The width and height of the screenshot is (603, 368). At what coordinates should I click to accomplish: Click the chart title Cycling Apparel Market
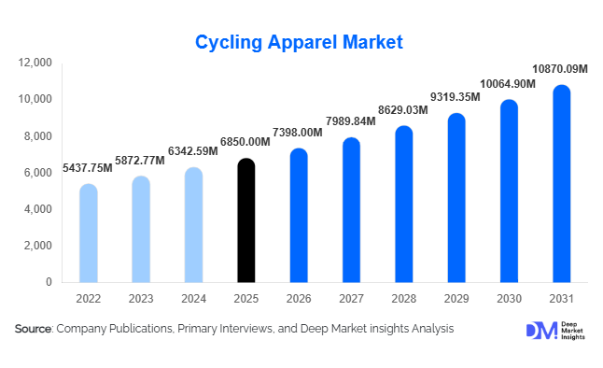pyautogui.click(x=299, y=42)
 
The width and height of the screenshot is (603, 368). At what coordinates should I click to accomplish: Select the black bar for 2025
pyautogui.click(x=245, y=220)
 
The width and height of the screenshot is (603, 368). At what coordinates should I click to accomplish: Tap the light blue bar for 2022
pyautogui.click(x=88, y=234)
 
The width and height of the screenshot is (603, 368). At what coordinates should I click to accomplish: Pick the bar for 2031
pyautogui.click(x=560, y=184)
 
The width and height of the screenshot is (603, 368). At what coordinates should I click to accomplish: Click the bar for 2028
pyautogui.click(x=403, y=205)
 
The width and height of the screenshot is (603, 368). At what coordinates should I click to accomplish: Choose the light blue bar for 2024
pyautogui.click(x=192, y=225)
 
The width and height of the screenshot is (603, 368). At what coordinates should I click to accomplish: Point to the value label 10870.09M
pyautogui.click(x=559, y=69)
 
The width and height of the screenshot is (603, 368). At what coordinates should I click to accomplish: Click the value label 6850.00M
pyautogui.click(x=245, y=141)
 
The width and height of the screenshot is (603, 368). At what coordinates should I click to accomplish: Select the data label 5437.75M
pyautogui.click(x=88, y=167)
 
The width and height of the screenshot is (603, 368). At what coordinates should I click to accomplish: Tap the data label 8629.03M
pyautogui.click(x=402, y=109)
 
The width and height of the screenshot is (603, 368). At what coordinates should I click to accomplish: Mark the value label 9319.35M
pyautogui.click(x=456, y=96)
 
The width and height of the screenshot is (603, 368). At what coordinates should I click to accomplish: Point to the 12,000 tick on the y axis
pyautogui.click(x=35, y=63)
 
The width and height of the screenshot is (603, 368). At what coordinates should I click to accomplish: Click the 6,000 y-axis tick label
pyautogui.click(x=38, y=173)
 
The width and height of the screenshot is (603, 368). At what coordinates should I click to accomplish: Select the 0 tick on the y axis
pyautogui.click(x=49, y=282)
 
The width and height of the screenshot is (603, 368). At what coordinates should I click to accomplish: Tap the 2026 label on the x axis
pyautogui.click(x=298, y=298)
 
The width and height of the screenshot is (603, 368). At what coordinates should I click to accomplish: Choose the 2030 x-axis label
pyautogui.click(x=508, y=298)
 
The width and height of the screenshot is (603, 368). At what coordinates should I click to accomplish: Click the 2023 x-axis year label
pyautogui.click(x=140, y=298)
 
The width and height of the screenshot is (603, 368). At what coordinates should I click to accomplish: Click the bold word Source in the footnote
pyautogui.click(x=33, y=329)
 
